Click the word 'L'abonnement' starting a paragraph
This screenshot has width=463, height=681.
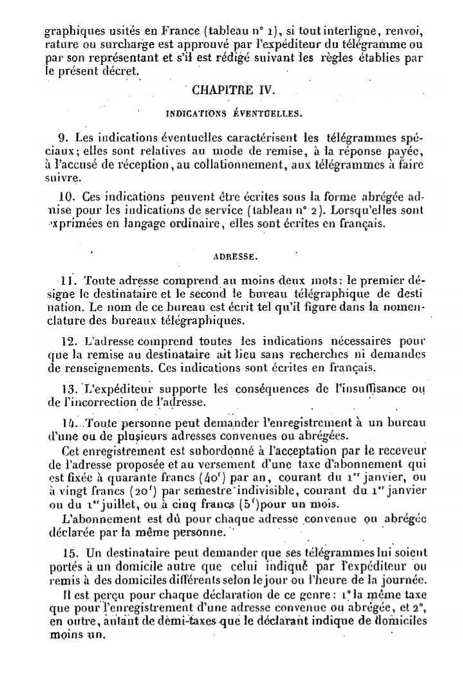[x=92, y=519]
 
